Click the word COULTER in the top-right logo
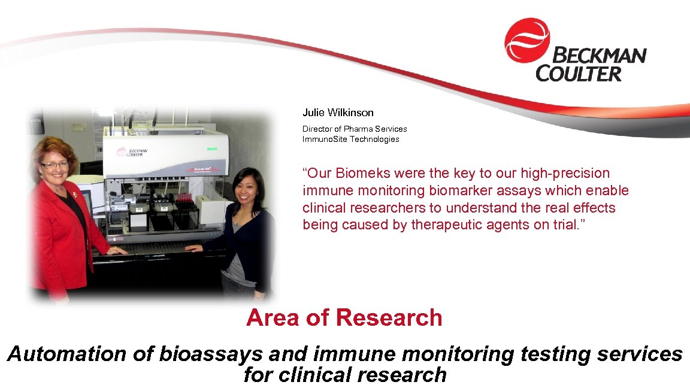click(579, 74)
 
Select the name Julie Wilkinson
click(338, 113)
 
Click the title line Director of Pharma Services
click(355, 129)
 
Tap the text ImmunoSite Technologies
click(350, 139)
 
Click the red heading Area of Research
click(344, 317)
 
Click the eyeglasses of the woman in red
click(55, 165)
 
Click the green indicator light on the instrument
click(211, 148)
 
